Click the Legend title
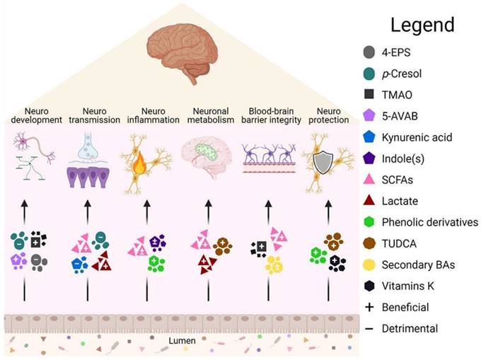point(422,25)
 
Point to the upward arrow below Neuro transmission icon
point(87,211)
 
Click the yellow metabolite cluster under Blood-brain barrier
point(273,265)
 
